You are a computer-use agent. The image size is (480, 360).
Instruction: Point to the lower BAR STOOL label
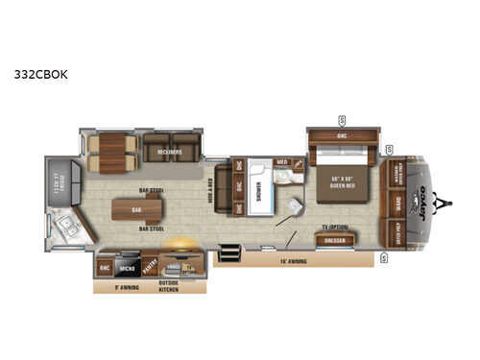149,229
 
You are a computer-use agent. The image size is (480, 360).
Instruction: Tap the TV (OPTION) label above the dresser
336,228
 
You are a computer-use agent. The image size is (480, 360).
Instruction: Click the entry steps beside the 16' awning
229,253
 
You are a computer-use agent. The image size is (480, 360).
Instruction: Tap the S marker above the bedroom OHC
342,120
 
